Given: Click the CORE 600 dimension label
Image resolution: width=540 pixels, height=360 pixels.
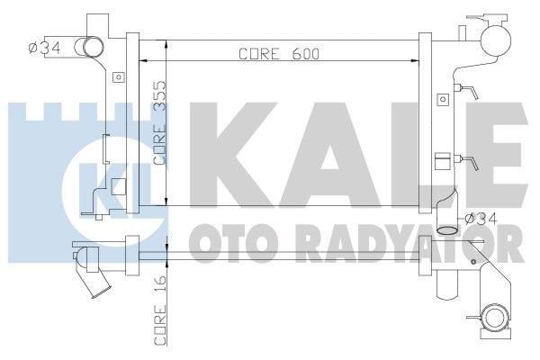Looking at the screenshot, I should [x=280, y=53].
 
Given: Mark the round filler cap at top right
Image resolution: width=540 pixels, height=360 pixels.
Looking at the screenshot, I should [x=494, y=36].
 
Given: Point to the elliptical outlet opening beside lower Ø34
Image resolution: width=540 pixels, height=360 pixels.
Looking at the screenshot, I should [x=447, y=232].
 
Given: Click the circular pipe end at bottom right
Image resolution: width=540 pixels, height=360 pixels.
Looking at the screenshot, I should [x=494, y=317].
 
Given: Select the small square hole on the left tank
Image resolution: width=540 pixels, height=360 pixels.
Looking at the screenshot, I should [x=116, y=77].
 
